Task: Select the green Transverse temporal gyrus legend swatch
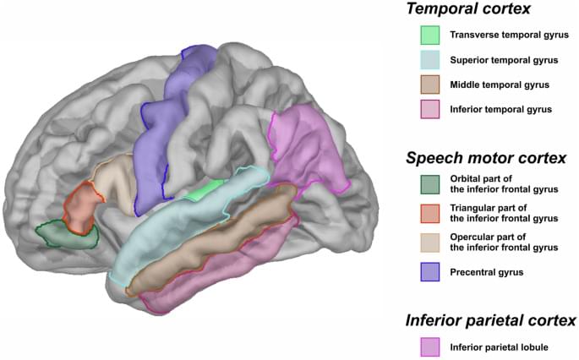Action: point(430,35)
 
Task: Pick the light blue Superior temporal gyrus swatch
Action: point(430,60)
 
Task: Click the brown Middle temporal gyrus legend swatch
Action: point(430,85)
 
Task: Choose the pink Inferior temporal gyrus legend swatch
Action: point(430,109)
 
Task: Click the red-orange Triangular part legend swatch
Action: point(430,215)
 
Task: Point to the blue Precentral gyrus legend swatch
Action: point(430,272)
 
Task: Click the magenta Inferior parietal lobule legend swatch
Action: point(430,346)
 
